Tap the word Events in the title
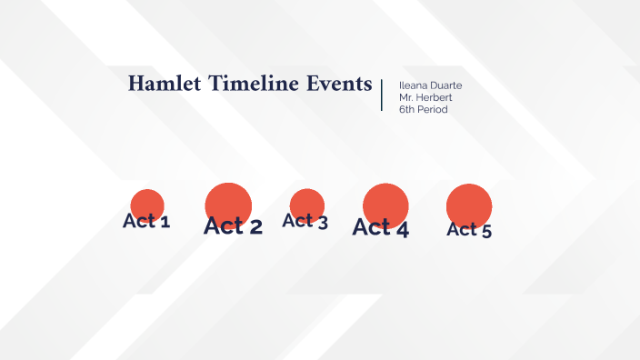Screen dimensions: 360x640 [342, 84]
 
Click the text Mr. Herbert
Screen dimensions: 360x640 [424, 97]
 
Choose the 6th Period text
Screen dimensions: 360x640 [423, 109]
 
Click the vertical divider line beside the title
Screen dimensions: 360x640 [382, 95]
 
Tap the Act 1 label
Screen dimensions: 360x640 [146, 221]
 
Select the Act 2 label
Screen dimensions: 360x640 [233, 226]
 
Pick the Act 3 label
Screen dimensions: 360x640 [305, 220]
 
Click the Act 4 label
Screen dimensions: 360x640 [381, 228]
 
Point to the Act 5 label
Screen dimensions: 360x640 [469, 230]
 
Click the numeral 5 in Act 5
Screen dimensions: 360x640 [486, 231]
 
